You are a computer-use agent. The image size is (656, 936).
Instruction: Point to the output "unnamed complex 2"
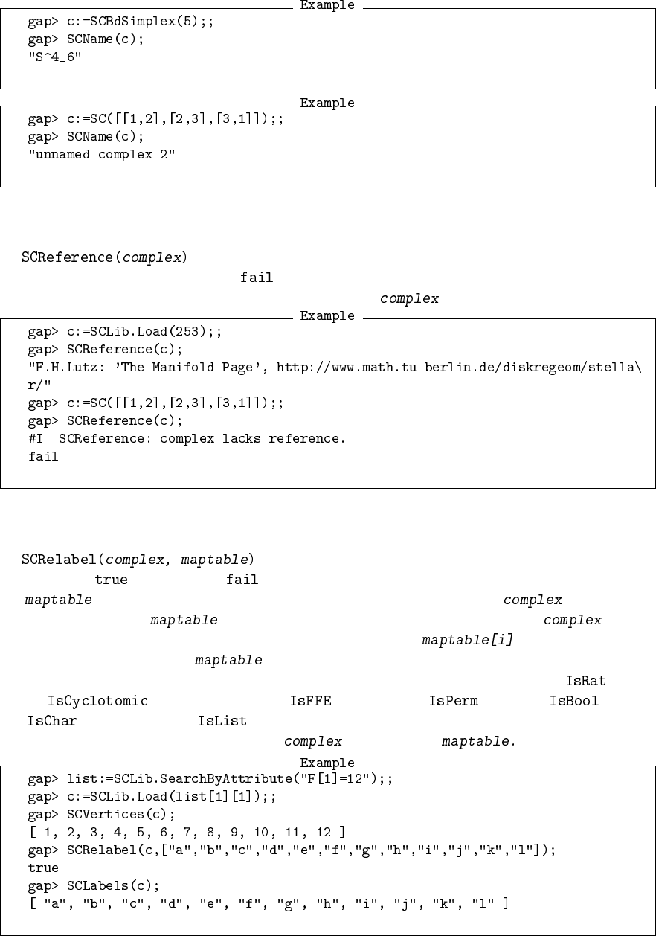(101, 154)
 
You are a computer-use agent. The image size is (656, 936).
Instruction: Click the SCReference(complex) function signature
(104, 258)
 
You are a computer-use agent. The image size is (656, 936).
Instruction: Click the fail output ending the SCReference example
(43, 457)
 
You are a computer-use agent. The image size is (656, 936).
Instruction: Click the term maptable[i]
(467, 640)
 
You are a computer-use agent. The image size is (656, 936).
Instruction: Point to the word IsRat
(585, 681)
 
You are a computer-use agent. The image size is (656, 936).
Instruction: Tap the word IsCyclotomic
(97, 701)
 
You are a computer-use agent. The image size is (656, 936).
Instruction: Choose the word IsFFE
(310, 701)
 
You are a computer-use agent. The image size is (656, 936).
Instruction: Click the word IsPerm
(453, 701)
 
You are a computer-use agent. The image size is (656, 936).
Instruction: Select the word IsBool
(573, 701)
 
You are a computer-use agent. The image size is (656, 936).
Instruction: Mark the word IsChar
(52, 721)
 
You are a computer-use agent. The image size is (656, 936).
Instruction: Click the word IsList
(222, 721)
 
